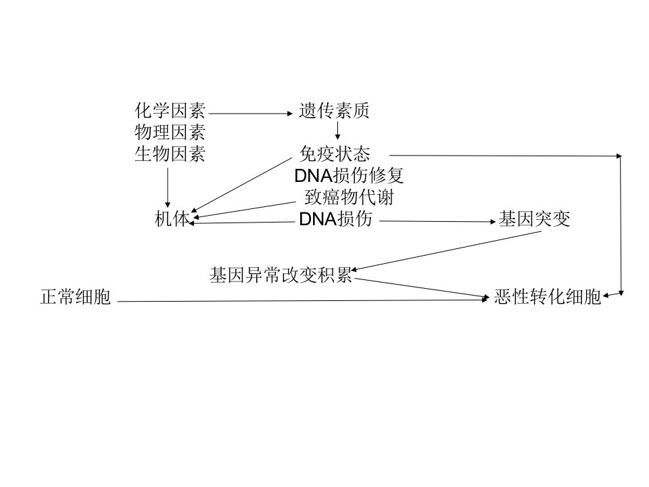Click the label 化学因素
170,110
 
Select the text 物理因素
170,133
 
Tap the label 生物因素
170,154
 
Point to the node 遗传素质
334,110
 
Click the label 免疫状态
335,154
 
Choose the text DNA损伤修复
349,176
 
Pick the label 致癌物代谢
349,197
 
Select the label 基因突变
534,218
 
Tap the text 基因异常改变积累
281,275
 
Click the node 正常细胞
76,297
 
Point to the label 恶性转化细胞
548,297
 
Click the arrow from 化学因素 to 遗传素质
251,113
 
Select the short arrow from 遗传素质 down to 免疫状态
337,131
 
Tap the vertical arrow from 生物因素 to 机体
168,187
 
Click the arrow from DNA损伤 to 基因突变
437,221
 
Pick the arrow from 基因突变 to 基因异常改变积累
446,251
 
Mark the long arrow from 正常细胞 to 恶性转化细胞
304,300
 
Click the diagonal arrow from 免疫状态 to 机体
243,185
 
